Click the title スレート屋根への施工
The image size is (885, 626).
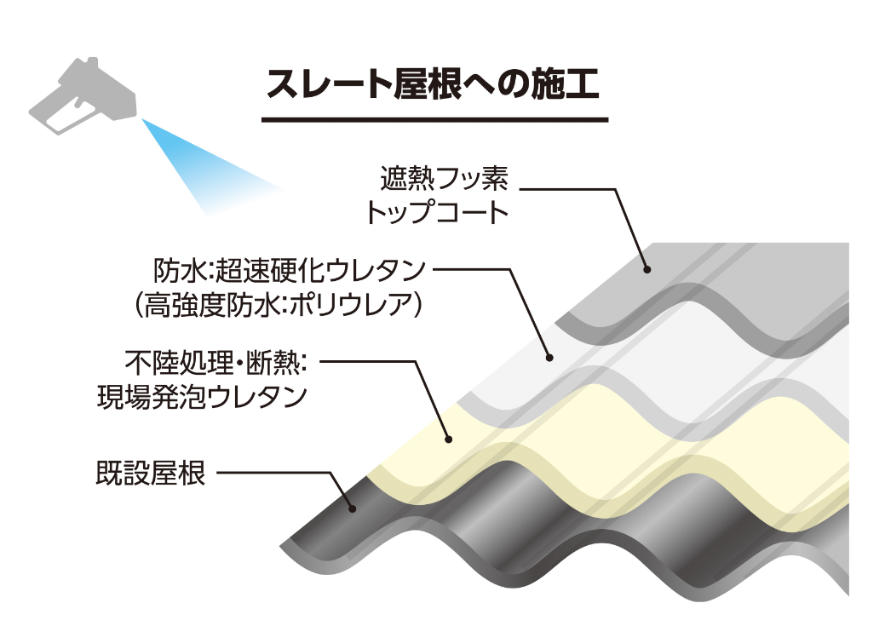(x=434, y=85)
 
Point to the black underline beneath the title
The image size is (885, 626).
(x=434, y=119)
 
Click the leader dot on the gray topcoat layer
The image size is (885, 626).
(x=647, y=269)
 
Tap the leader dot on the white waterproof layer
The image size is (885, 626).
(x=549, y=358)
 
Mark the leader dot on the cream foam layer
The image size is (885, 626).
(x=449, y=439)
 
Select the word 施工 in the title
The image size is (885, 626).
(x=569, y=85)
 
